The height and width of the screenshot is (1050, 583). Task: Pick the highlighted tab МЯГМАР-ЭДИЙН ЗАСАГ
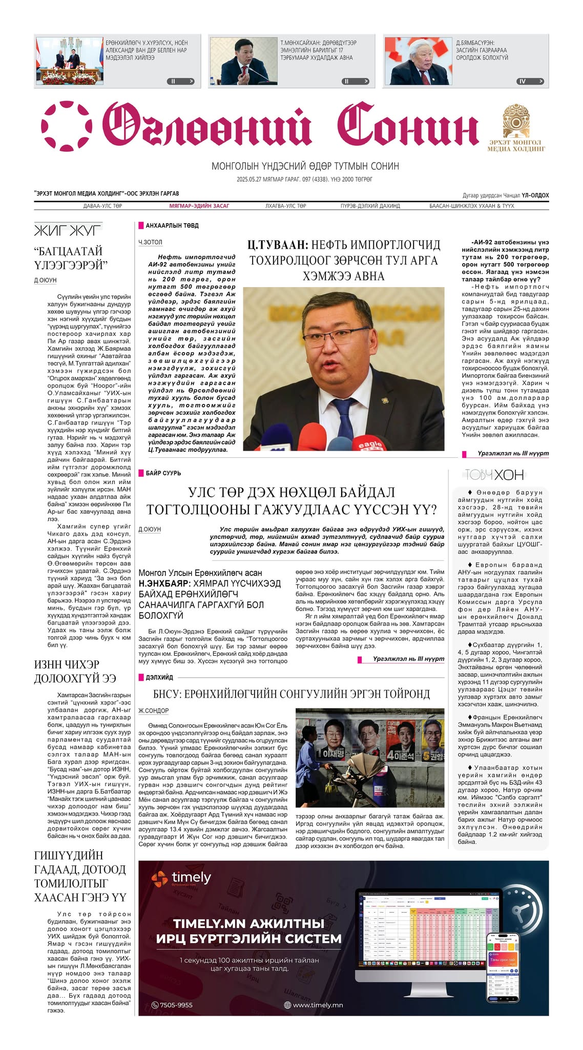199,206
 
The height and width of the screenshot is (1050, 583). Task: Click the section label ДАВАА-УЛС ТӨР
102,206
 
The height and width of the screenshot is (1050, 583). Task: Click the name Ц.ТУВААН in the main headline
277,245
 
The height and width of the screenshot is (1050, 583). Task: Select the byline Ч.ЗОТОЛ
150,242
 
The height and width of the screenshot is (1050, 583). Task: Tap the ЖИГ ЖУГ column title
68,230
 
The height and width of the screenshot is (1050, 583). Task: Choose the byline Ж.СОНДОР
154,711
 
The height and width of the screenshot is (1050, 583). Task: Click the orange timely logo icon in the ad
159,879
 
